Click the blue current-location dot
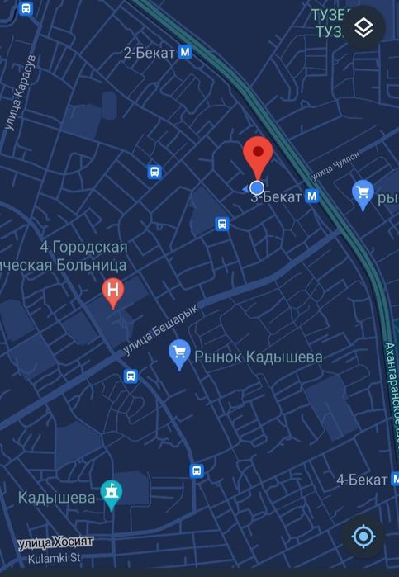[x=257, y=187]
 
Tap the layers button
[x=363, y=28]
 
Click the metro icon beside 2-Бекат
[x=186, y=53]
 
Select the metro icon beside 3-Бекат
[x=311, y=196]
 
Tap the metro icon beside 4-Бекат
[x=397, y=480]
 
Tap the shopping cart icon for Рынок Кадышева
[x=178, y=356]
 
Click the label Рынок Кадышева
[x=258, y=357]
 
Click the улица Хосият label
[x=56, y=542]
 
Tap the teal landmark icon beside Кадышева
[x=112, y=494]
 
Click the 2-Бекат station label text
[x=149, y=53]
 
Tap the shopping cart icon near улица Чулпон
[x=363, y=193]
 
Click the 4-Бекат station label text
[x=362, y=480]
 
